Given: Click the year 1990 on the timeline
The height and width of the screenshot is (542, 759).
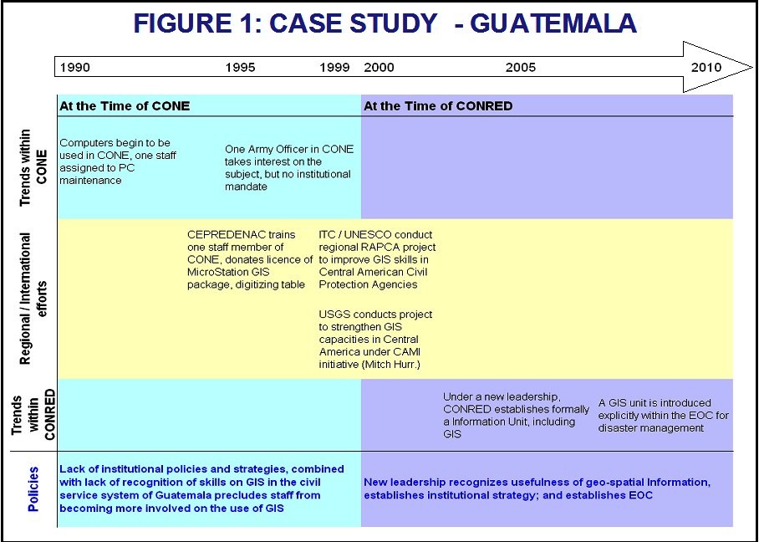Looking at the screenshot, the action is pos(75,67).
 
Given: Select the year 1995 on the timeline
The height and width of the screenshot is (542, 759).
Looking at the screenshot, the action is pos(240,67).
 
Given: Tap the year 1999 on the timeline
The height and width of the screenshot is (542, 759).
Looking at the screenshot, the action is pos(334,67).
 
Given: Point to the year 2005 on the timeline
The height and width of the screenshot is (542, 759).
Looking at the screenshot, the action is pos(521,67).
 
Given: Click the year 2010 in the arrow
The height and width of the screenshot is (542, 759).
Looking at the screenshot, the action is pos(706,67).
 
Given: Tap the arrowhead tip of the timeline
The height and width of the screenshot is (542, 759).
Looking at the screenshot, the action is pos(752,67).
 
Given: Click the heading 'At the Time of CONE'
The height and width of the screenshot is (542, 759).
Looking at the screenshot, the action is pos(125,106).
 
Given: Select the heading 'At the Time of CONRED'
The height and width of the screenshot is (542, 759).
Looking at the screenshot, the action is pos(438,106).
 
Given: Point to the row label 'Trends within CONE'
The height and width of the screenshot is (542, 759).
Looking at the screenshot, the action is pos(33,167).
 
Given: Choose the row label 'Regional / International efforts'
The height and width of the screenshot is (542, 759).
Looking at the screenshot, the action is pos(33,299).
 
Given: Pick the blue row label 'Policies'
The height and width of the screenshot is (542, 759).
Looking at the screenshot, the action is pos(33,489).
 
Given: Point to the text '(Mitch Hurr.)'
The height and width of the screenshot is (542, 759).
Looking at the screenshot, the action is pos(390,364).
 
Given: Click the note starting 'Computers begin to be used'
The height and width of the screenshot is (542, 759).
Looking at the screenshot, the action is pos(118,161).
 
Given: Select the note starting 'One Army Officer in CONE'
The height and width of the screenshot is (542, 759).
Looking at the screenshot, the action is pos(289,168).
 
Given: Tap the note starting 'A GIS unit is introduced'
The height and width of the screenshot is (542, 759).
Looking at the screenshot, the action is pos(663,416).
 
